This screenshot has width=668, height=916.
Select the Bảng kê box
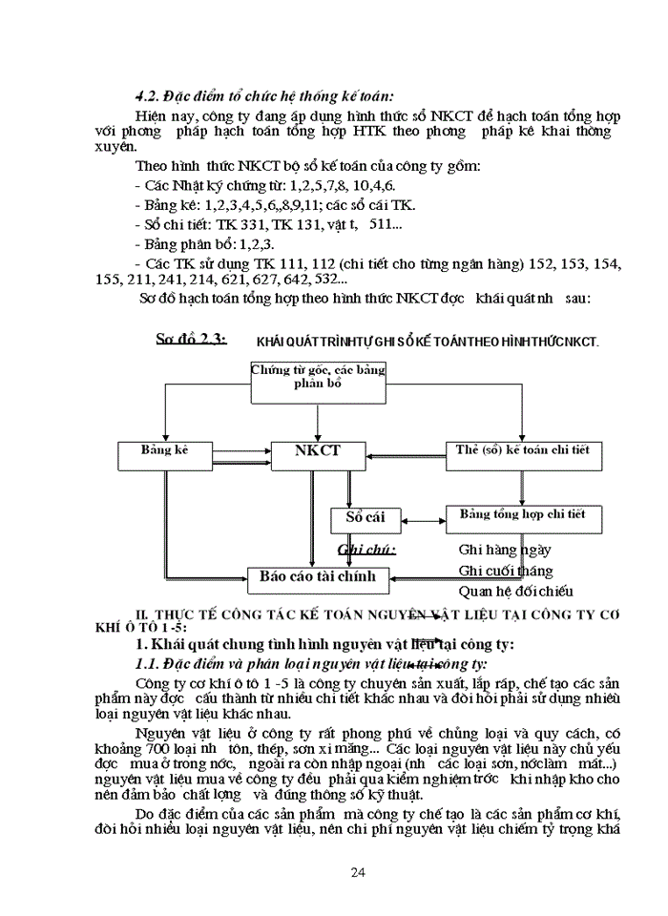coord(164,450)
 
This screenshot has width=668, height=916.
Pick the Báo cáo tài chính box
coord(319,576)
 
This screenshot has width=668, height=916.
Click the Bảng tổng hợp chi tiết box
coord(523,516)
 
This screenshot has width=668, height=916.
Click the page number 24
coord(359,871)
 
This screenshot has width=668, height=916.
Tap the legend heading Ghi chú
coord(368,550)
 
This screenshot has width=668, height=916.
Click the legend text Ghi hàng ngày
coord(505,550)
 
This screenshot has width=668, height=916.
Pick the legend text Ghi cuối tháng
coord(506,571)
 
